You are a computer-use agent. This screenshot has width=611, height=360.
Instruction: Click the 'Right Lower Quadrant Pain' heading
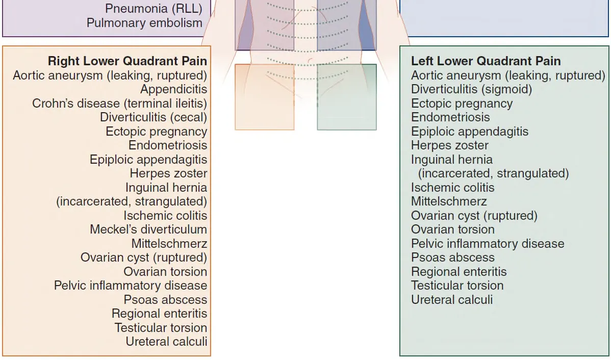pos(127,61)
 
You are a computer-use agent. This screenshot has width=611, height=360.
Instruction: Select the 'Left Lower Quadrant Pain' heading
pos(486,61)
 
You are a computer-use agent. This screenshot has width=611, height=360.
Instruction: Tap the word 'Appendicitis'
pos(173,89)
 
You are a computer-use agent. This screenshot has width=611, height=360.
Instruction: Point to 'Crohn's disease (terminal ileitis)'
pos(119,104)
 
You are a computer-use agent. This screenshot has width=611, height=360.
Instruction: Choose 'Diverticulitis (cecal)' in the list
pos(153,117)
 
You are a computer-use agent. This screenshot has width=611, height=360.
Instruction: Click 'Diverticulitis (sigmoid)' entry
pos(471,89)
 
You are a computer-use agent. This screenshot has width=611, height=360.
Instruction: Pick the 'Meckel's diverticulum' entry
pos(148,229)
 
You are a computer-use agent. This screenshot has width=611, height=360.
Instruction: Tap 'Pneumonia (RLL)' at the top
pos(154,9)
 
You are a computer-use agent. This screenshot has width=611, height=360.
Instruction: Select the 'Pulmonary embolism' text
pos(144,23)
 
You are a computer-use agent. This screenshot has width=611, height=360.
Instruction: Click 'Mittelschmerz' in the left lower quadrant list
pos(449,201)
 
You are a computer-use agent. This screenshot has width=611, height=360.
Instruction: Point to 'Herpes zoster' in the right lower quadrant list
pos(168,173)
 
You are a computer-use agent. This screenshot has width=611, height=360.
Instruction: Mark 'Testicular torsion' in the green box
pos(457,286)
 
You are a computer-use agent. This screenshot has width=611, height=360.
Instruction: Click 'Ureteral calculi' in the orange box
pos(166,342)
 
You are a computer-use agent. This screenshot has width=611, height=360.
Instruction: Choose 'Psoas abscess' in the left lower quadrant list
pos(452,258)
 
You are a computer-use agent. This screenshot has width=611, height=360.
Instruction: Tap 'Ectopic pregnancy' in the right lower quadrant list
pos(156,132)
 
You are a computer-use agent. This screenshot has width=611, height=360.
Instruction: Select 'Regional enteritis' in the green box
pos(459,271)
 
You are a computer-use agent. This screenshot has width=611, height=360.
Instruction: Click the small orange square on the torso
pos(264,97)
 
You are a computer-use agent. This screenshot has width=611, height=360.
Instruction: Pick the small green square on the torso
pos(347,97)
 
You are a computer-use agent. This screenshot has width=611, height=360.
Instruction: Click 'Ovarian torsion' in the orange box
pos(165,271)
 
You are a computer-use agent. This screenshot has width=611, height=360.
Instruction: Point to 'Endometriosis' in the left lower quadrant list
pos(450,117)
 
